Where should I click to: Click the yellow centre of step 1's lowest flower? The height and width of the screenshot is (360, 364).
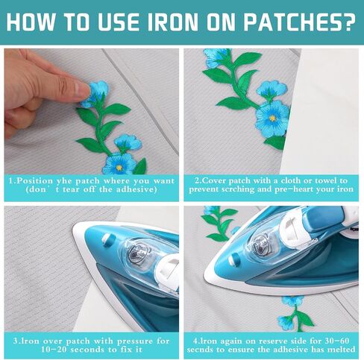119,167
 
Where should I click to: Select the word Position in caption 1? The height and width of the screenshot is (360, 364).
34,181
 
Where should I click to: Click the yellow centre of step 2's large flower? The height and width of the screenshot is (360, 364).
273,118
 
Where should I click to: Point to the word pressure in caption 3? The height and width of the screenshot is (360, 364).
136,341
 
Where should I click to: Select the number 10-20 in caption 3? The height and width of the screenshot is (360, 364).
54,350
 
